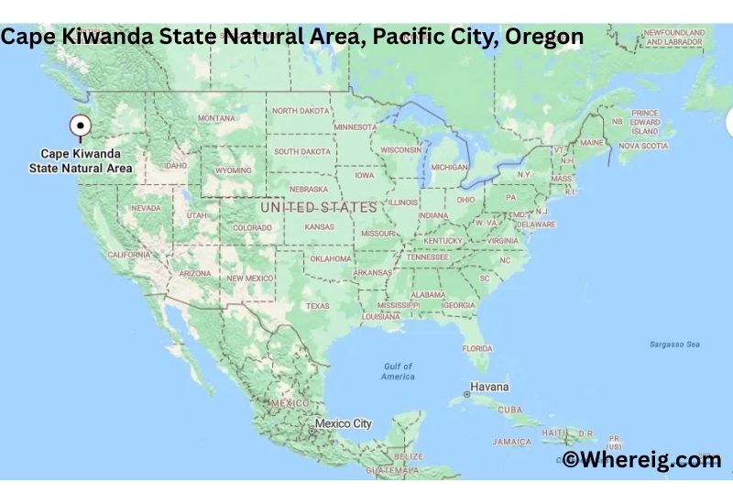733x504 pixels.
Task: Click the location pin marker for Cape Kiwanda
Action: pos(81,127)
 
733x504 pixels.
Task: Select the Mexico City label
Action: pos(344,423)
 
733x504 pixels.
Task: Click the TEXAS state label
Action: pos(317,305)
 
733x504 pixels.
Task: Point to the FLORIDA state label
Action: pos(476,348)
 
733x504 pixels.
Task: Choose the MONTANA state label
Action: pos(216,118)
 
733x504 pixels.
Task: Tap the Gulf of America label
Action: pos(399,371)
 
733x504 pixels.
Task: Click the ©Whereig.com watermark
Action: pos(641,460)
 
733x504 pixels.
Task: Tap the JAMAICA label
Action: pos(511,441)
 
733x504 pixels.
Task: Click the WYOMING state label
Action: pos(233,170)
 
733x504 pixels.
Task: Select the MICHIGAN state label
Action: pos(449,168)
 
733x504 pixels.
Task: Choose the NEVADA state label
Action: pos(146,208)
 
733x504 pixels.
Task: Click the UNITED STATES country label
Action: pos(318,207)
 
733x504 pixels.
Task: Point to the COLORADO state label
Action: pos(252,227)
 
